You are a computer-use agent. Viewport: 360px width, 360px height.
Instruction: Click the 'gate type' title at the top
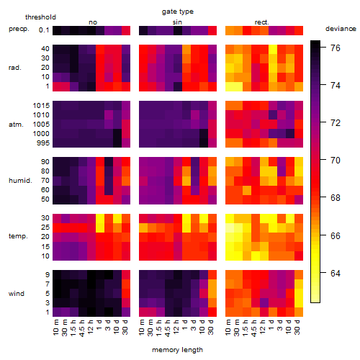(x=178, y=12)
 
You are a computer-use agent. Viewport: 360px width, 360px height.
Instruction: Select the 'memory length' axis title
(x=177, y=350)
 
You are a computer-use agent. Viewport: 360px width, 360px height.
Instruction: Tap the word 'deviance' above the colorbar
(x=341, y=29)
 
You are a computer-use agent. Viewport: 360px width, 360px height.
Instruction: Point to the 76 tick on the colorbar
(x=336, y=48)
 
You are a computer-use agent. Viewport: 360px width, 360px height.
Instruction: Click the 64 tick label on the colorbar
(x=336, y=273)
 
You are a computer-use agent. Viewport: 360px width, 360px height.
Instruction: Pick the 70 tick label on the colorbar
(x=336, y=161)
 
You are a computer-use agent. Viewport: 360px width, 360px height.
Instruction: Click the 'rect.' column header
(x=261, y=22)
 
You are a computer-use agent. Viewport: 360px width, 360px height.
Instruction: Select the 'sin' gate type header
(x=177, y=22)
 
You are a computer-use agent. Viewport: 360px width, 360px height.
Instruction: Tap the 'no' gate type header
(x=93, y=22)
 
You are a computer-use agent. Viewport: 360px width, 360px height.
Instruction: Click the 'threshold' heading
(x=40, y=17)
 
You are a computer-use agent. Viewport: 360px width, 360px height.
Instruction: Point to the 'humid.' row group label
(x=20, y=181)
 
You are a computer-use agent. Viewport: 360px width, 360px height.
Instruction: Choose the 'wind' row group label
(x=17, y=294)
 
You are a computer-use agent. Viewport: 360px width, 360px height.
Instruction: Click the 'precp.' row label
(x=19, y=29)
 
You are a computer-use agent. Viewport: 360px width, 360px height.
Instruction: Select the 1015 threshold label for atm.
(x=41, y=106)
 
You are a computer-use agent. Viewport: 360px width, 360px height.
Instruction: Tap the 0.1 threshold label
(x=44, y=30)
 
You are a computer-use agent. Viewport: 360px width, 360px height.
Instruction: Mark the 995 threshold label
(x=43, y=143)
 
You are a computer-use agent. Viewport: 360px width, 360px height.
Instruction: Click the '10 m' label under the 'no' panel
(x=55, y=327)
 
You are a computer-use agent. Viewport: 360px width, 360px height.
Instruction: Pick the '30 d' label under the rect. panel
(x=297, y=327)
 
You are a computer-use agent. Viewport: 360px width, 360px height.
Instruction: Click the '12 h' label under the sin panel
(x=176, y=327)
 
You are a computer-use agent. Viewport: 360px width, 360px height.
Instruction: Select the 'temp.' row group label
(x=18, y=236)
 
